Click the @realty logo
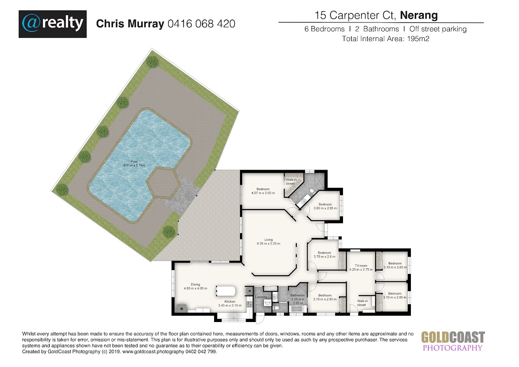53,24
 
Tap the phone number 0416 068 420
202,24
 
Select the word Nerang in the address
419,15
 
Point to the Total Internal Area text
386,39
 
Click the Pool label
134,164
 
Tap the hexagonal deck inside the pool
163,183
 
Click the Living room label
269,241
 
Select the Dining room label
195,287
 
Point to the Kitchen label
230,303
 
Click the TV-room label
361,267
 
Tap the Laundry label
261,297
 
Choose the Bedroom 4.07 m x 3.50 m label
263,191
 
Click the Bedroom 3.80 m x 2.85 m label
325,206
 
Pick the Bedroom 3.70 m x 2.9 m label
324,254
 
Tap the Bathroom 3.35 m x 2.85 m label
298,299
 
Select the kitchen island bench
226,291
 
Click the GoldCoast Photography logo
453,341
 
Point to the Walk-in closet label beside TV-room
362,303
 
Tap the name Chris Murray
130,24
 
